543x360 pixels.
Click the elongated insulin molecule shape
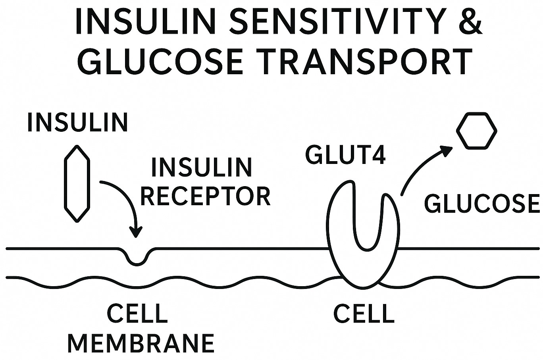pos(77,183)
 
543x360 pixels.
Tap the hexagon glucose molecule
pos(476,131)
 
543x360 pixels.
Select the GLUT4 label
pos(346,155)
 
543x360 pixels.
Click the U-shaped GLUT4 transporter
pos(363,238)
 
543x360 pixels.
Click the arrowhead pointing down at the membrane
pos(136,232)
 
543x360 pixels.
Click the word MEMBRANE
pos(141,343)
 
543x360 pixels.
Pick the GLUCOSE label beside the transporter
pos(482,204)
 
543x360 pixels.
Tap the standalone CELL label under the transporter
pos(364,314)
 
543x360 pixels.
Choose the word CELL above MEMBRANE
pos(138,314)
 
